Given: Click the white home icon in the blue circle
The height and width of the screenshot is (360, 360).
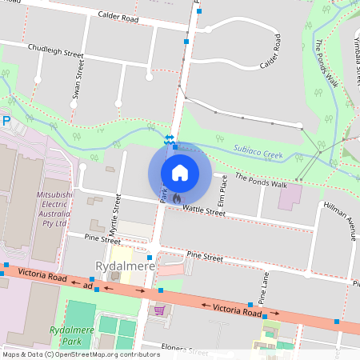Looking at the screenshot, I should [x=179, y=172].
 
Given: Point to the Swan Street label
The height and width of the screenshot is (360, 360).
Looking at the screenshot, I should [x=77, y=84].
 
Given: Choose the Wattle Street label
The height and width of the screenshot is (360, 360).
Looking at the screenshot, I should [x=204, y=210].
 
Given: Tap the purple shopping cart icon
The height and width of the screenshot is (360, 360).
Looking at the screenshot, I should [x=159, y=310].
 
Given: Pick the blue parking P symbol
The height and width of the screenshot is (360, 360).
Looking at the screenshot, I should [x=5, y=121].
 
